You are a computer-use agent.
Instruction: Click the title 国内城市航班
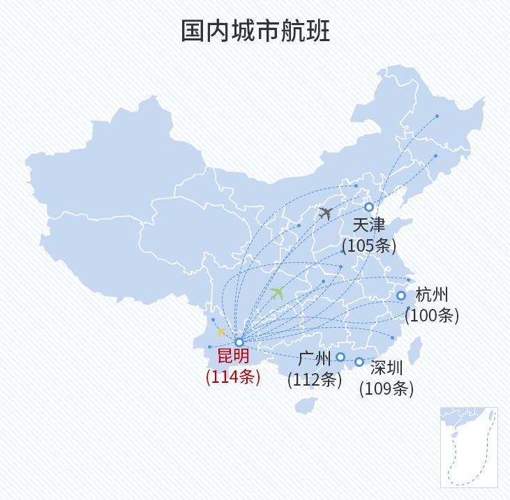255,31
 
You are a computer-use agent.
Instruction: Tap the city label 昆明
233,356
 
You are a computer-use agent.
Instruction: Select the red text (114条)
233,377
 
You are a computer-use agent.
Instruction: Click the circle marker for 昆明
239,342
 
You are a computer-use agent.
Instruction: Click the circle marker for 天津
369,207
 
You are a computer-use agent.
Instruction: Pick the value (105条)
369,245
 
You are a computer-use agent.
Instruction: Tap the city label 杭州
432,294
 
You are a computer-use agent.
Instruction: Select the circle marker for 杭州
401,296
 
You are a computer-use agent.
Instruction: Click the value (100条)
432,315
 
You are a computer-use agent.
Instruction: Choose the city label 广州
314,359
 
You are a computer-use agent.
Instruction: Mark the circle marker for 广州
340,357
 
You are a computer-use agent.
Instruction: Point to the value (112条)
315,380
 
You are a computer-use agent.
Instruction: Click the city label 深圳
387,368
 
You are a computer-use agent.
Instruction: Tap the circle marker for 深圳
359,362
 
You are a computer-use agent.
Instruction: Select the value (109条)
387,388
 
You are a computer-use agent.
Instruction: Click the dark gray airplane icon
325,213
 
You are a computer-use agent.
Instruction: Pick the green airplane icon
277,293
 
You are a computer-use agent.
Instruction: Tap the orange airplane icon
222,332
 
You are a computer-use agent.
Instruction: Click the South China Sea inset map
468,447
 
